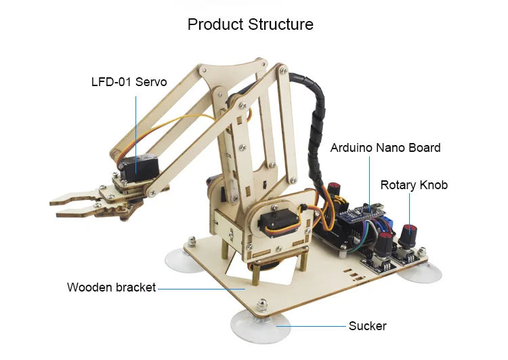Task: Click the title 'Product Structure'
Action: point(251,24)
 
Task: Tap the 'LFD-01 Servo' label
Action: point(129,82)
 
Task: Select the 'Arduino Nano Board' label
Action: point(385,148)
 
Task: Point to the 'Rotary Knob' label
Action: point(414,185)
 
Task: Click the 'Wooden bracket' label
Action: point(112,287)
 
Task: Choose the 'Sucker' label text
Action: point(367,326)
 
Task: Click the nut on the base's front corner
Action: point(261,304)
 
